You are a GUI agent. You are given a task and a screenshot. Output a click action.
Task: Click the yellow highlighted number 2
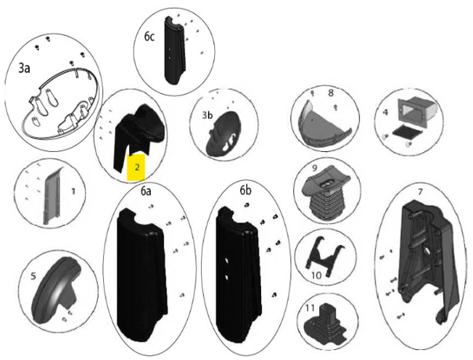pos(137,167)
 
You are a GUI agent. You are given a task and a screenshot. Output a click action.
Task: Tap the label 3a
pos(24,68)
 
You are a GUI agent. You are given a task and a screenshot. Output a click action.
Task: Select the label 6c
pos(149,37)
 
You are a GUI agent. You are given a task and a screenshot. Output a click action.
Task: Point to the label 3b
pos(207,115)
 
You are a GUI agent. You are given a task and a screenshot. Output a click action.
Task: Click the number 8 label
pos(331,93)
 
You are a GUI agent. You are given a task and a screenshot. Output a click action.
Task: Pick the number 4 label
pos(385,113)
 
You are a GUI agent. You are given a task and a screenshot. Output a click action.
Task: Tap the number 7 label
pos(420,192)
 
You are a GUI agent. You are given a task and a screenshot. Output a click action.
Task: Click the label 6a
pos(145,191)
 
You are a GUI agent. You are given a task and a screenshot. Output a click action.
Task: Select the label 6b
pos(245,191)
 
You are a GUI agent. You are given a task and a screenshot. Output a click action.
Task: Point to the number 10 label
pos(316,275)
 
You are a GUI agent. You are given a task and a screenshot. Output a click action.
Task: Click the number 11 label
pos(310,308)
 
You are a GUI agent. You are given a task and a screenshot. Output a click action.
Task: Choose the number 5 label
pos(33,275)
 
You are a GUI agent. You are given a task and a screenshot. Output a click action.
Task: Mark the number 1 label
pos(73,191)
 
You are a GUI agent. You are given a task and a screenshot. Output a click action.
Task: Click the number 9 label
pos(314,168)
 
